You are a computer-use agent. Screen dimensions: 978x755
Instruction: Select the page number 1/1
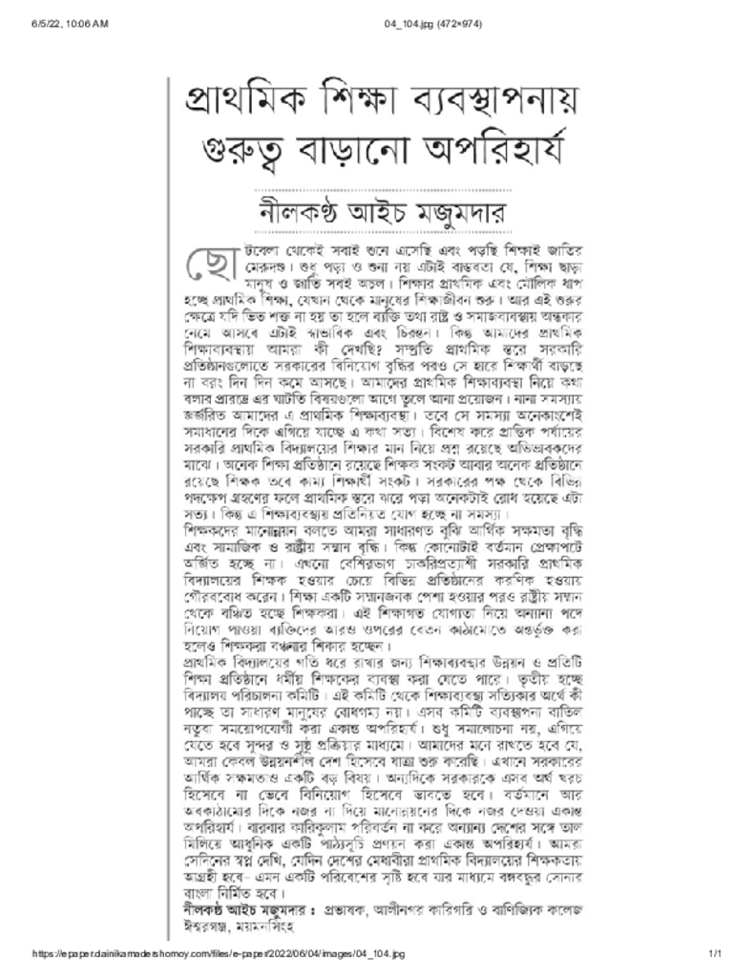(712, 968)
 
